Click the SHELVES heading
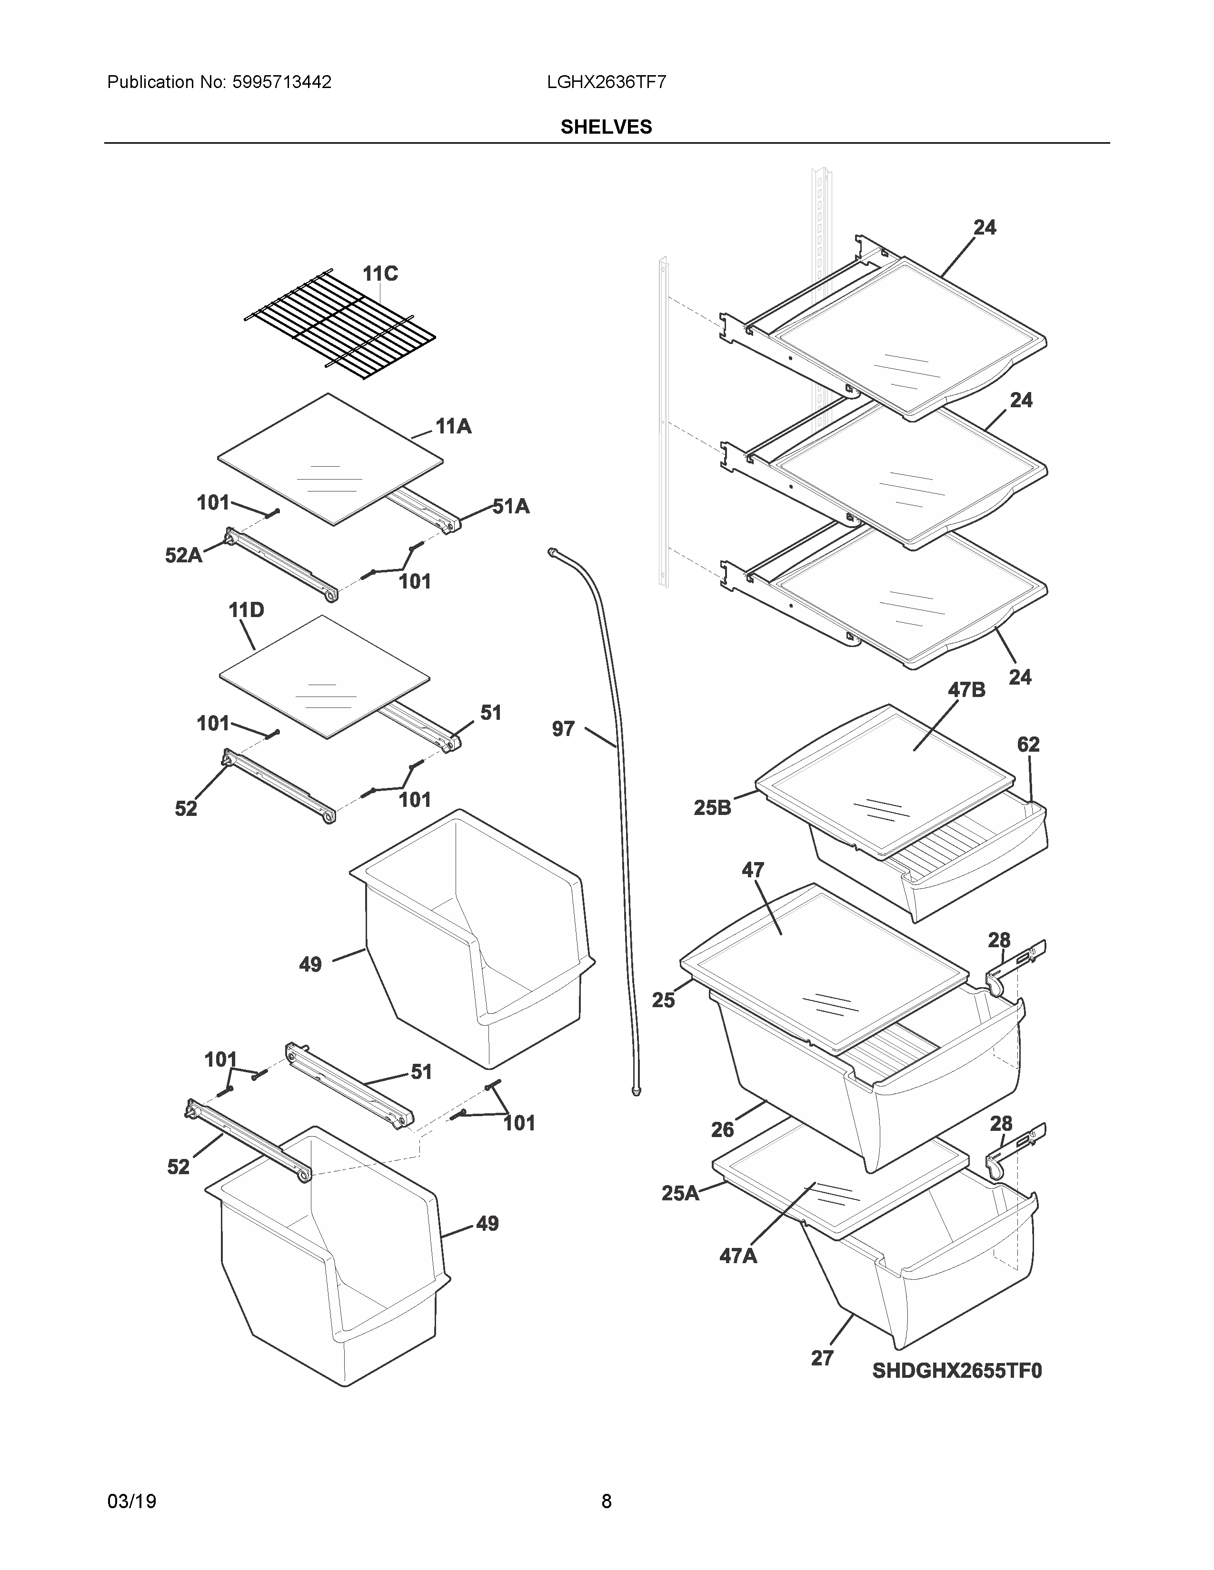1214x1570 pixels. click(606, 127)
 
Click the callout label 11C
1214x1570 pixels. click(380, 274)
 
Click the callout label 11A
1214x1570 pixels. click(453, 427)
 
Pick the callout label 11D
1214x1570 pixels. click(246, 611)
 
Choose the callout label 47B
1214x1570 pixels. click(966, 690)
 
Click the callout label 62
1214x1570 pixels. click(1028, 745)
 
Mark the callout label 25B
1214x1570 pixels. click(712, 808)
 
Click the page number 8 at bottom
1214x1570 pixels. click(606, 1501)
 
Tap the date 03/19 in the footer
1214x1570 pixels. click(131, 1501)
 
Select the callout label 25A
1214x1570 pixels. click(680, 1193)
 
